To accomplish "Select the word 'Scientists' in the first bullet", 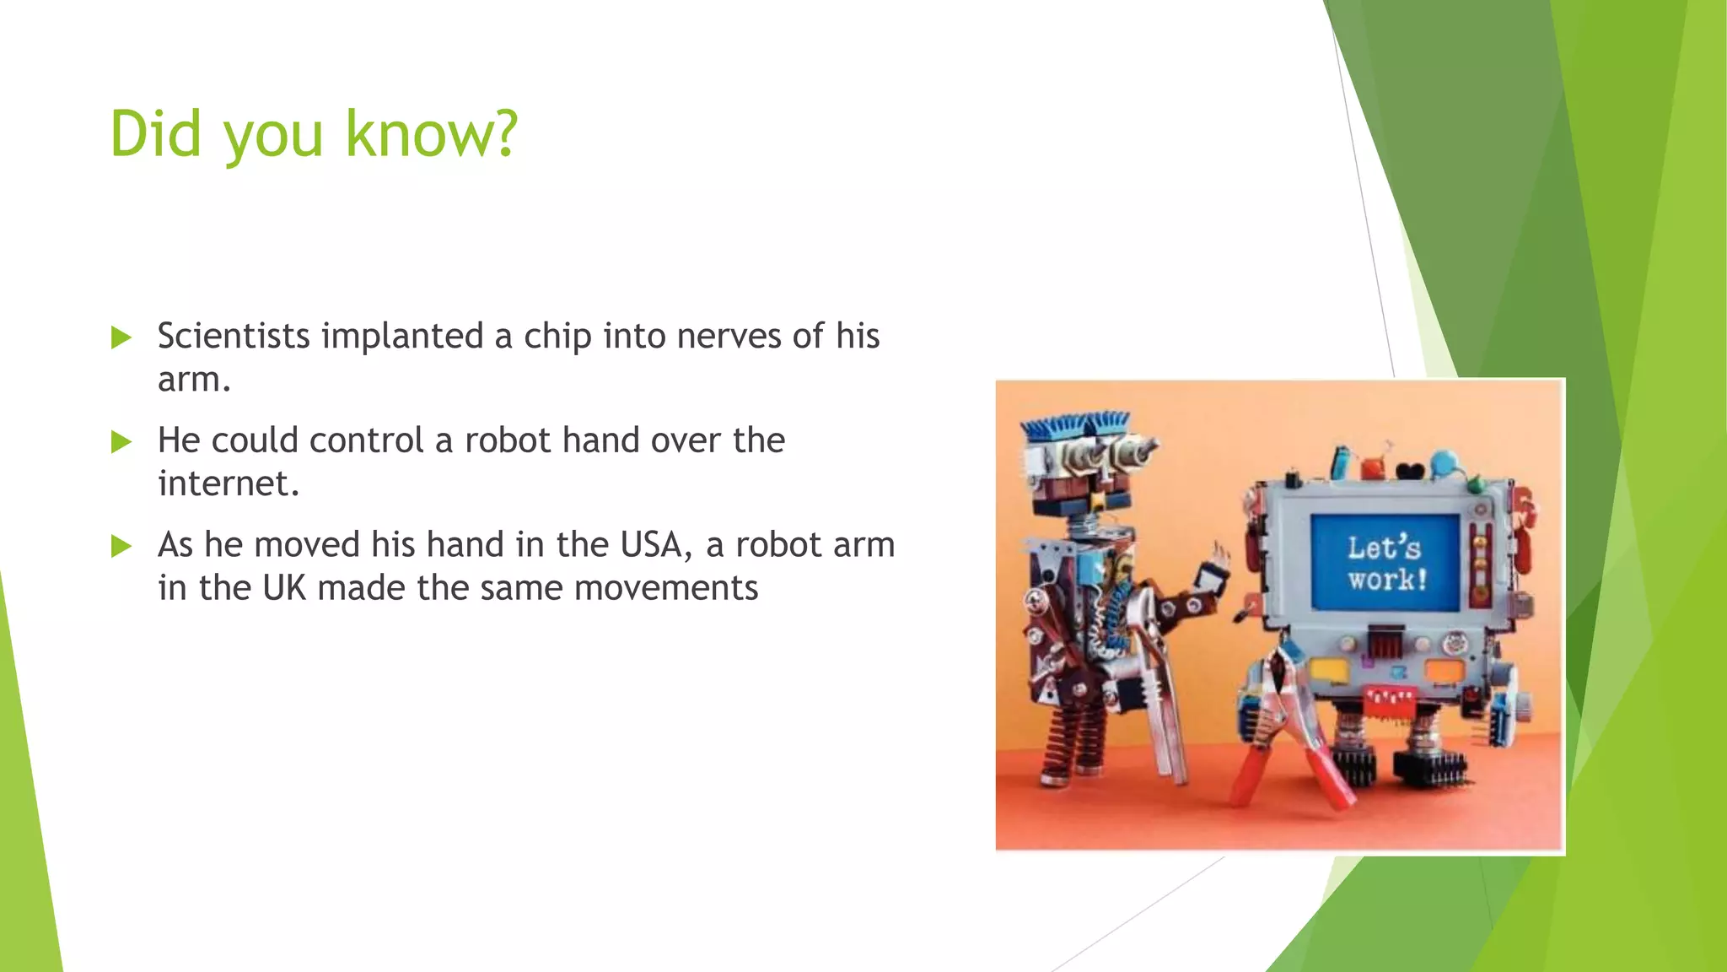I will pyautogui.click(x=234, y=336).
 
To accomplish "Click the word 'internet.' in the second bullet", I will pyautogui.click(x=228, y=483).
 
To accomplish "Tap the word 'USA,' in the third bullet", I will pyautogui.click(x=656, y=544).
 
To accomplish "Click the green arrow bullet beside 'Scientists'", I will pyautogui.click(x=121, y=337).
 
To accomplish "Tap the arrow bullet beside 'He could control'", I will pyautogui.click(x=121, y=441).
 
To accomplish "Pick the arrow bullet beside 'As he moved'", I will pyautogui.click(x=121, y=546).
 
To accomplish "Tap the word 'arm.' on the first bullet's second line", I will pyautogui.click(x=194, y=380).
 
